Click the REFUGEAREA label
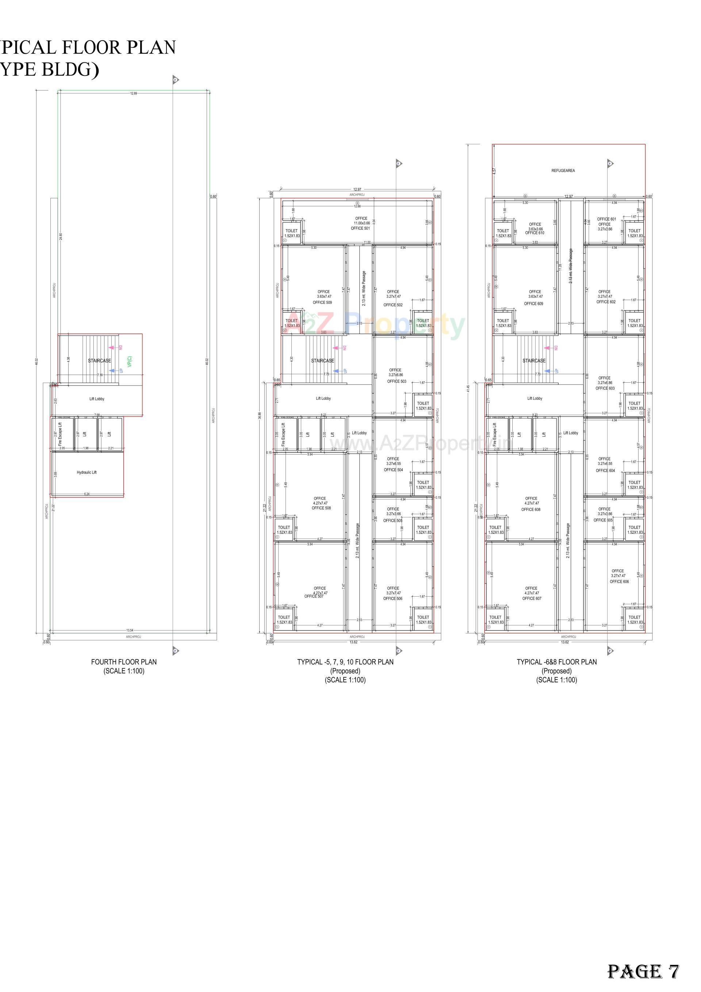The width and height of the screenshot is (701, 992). [563, 171]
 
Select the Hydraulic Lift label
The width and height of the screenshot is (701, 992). [87, 472]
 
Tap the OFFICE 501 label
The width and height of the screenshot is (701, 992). [360, 228]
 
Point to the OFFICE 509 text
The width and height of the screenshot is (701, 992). [322, 302]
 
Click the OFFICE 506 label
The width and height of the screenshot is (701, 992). [392, 598]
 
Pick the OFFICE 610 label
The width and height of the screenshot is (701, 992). [535, 233]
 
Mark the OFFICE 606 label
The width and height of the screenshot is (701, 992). [619, 582]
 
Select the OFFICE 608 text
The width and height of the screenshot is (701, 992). [531, 509]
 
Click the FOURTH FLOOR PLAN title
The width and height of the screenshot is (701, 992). [124, 662]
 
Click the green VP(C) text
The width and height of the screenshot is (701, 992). [130, 361]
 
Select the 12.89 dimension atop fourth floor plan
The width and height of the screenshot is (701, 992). [134, 93]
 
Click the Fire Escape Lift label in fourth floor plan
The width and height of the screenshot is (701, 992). [60, 434]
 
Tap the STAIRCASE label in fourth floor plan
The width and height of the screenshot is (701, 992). [99, 360]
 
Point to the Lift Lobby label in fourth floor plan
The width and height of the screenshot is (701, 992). [97, 399]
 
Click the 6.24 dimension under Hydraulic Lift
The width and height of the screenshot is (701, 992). [87, 494]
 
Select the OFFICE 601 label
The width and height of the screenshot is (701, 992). [606, 219]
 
